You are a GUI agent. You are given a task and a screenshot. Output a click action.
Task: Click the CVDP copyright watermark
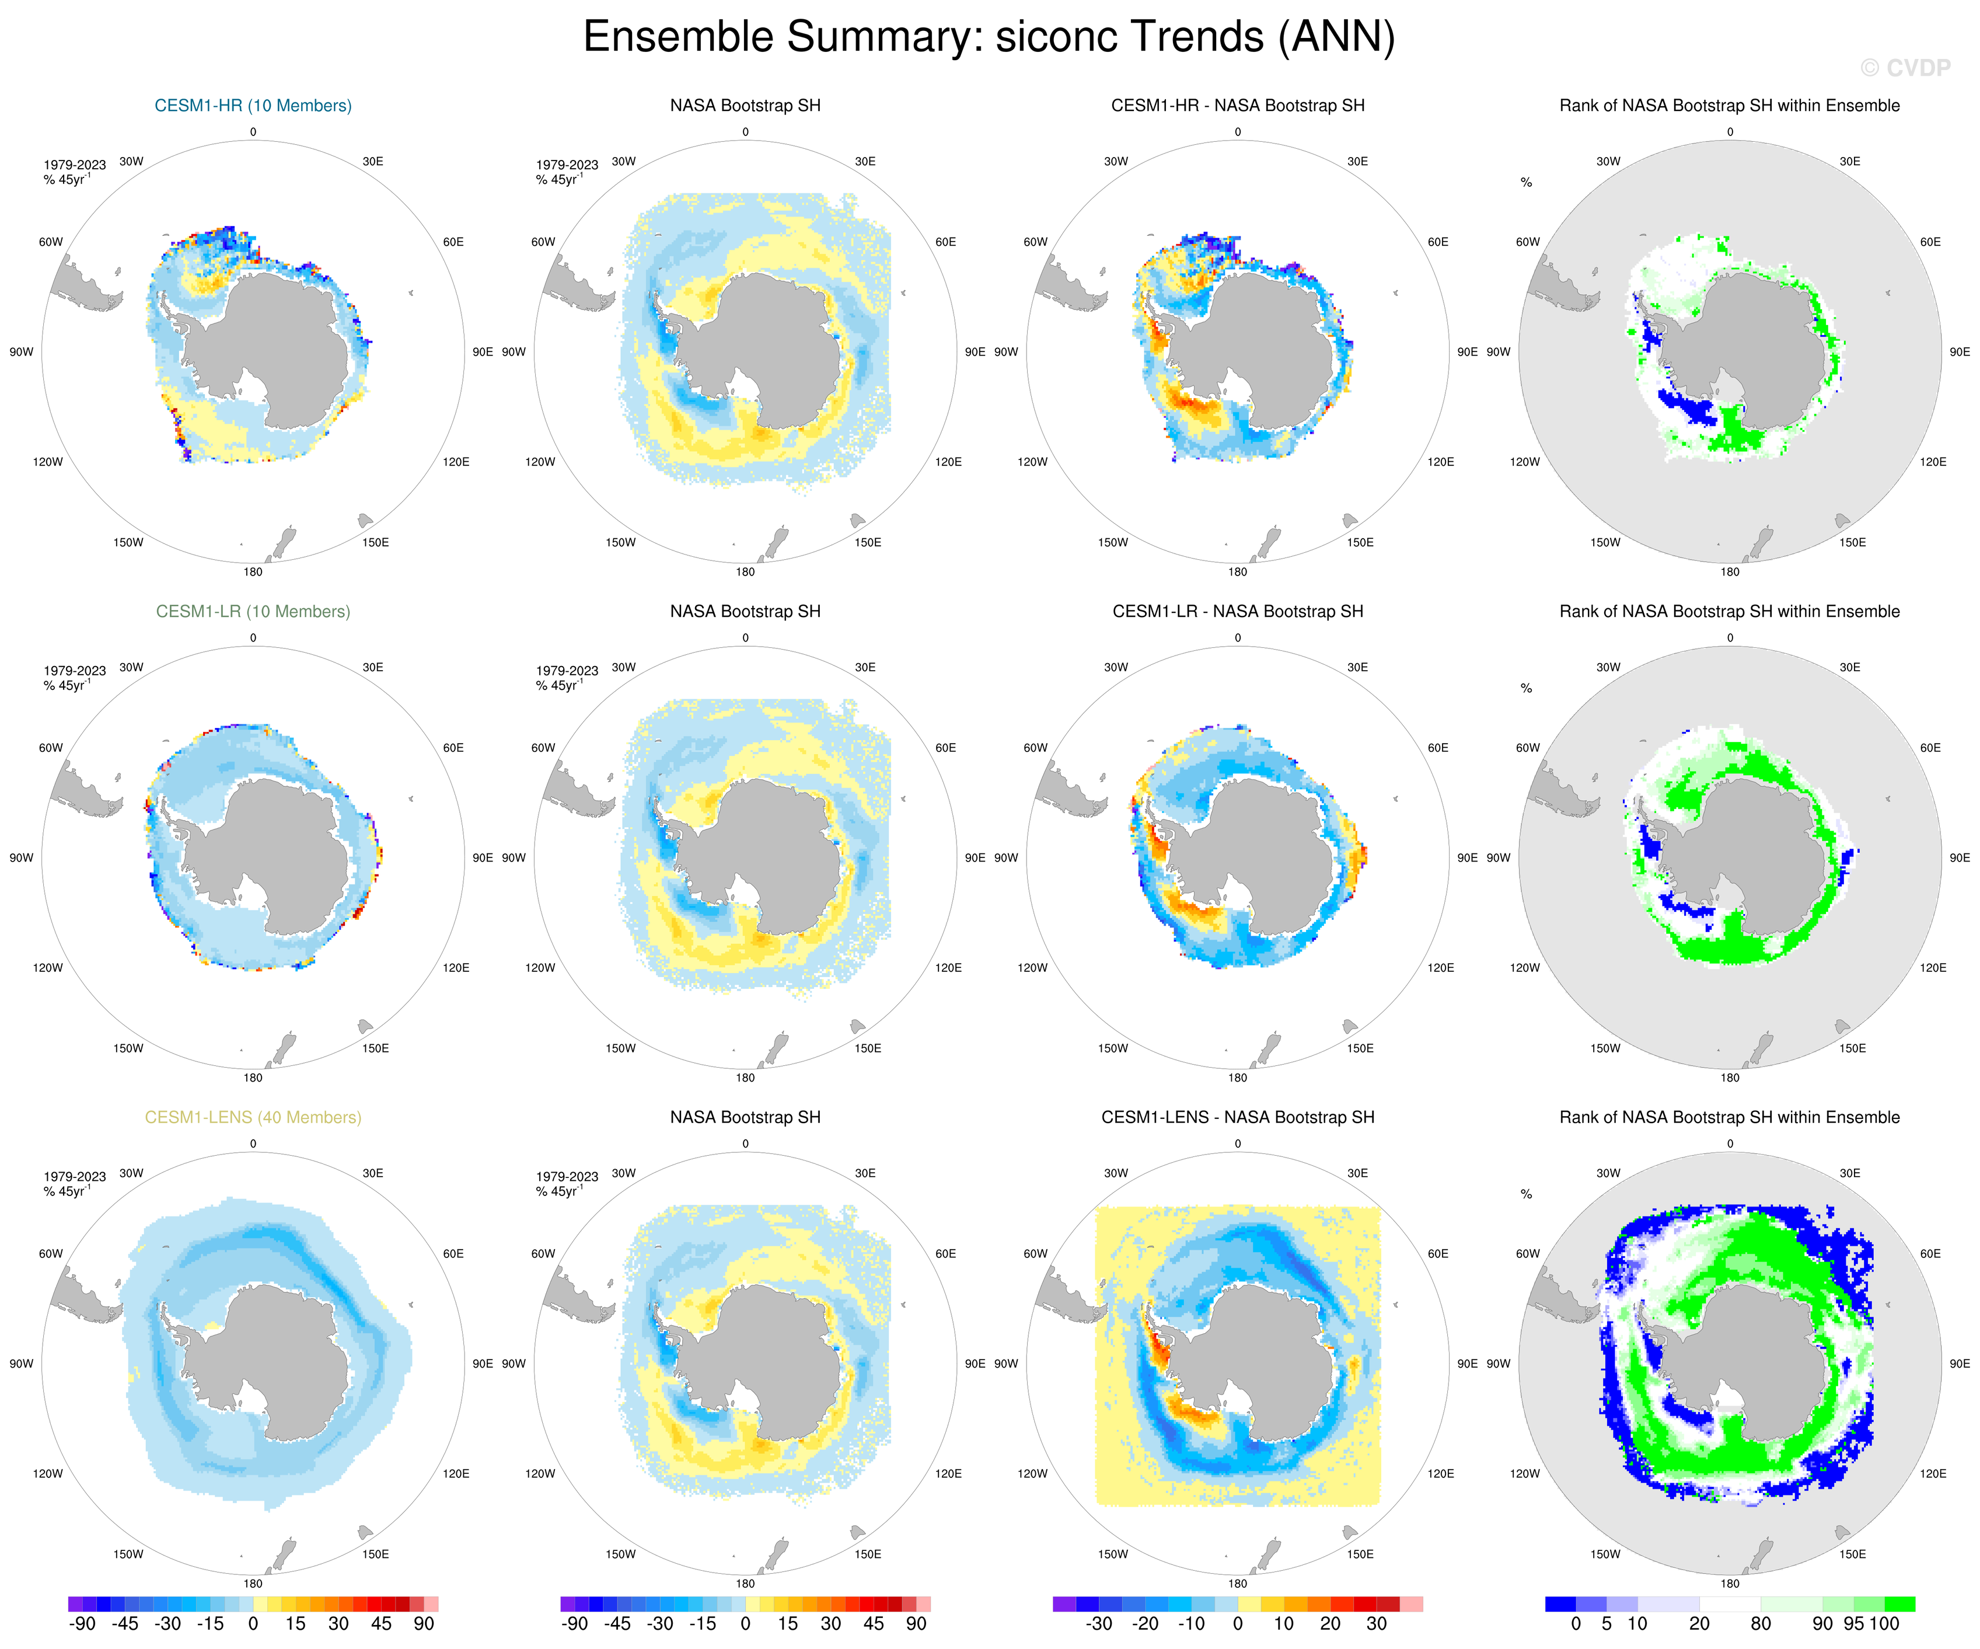point(1905,68)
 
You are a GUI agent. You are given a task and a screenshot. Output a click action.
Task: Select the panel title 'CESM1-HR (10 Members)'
point(253,106)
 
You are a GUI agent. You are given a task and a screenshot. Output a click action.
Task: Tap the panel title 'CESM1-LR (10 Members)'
point(253,611)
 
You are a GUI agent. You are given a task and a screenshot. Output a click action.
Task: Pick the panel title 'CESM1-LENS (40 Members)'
point(253,1117)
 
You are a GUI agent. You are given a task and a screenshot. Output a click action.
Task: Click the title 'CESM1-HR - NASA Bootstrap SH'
point(1237,106)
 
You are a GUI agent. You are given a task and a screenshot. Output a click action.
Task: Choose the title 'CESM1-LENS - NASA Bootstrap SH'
point(1237,1117)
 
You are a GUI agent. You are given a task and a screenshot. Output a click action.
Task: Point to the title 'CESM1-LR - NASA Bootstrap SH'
point(1237,611)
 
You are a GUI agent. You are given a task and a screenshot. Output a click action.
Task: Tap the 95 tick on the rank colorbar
point(1853,1623)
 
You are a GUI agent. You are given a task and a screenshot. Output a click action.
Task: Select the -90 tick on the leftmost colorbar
point(83,1623)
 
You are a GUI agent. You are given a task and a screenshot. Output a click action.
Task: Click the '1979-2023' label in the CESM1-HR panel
point(75,165)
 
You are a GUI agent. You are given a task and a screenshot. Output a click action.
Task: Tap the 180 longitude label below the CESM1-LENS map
point(253,1584)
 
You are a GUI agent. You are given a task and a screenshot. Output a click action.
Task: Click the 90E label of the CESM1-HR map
point(482,352)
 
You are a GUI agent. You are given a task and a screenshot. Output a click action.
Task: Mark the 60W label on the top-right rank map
point(1527,242)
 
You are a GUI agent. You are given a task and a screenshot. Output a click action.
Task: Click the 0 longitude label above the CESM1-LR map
point(253,638)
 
